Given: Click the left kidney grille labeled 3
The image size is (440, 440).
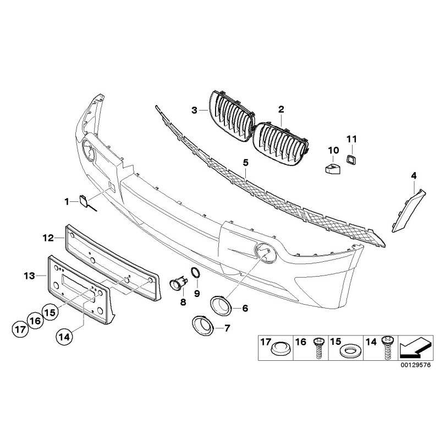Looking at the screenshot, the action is coord(232,116).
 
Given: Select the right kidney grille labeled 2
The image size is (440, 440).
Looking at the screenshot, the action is coord(281,144).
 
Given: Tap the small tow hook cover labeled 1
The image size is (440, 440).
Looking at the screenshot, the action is coord(84,201).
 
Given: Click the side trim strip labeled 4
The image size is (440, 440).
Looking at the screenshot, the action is coord(409,211).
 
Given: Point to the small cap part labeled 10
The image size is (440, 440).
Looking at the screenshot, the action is coord(333,168).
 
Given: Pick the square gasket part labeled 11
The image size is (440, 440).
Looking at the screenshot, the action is coord(351,159).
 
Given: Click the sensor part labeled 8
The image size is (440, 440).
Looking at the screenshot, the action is coord(179,283).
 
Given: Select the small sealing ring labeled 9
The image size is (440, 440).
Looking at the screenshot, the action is coord(196,272).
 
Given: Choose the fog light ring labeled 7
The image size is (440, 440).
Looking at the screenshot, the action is coord(203,326).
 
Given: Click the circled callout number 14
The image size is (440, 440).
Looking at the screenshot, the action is coord(64,337).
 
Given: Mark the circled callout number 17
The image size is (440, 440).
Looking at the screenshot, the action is coord(20,329).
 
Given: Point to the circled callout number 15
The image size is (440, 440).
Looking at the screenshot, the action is coord(50,312).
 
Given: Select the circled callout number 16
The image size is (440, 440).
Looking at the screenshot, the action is coord(36,321).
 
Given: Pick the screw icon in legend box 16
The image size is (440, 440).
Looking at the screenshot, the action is coord(320,348).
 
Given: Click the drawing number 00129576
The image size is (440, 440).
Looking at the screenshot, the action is coord(415,365).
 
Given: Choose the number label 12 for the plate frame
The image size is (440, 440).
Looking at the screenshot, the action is coord(48,238).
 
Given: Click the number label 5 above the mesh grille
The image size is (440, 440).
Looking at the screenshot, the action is coord(246,162).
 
